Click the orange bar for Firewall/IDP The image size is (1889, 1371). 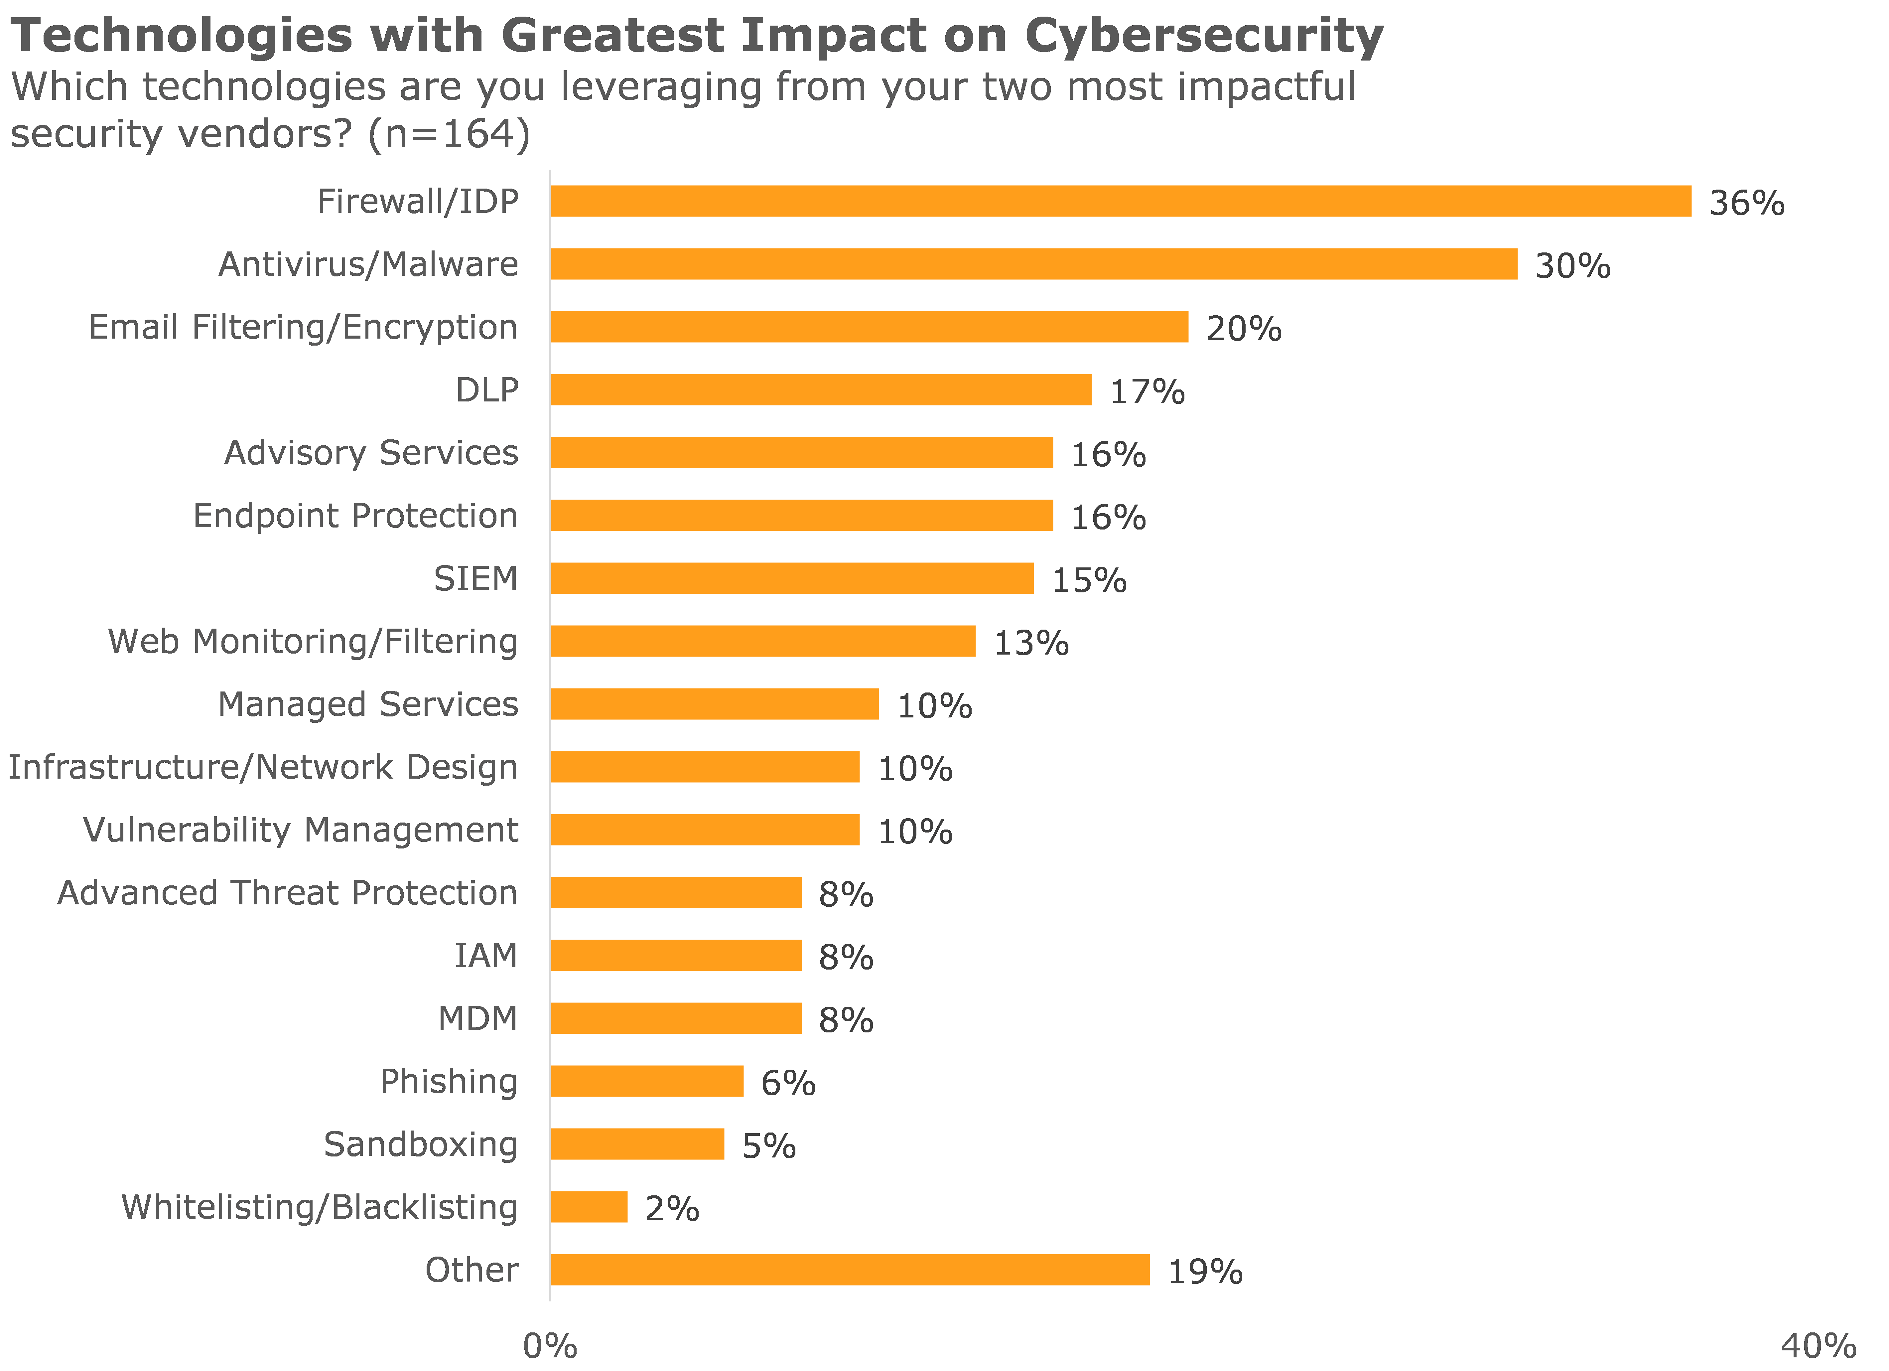(x=1120, y=202)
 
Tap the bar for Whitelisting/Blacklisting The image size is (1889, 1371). (x=589, y=1207)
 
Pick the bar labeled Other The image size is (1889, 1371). (x=850, y=1269)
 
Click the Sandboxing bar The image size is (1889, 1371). (x=637, y=1143)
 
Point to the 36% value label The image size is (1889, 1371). (x=1747, y=203)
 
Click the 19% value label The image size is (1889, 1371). (x=1205, y=1272)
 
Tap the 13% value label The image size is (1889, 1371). (x=1031, y=643)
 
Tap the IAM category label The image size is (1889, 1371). (x=485, y=955)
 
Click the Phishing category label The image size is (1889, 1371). (x=448, y=1081)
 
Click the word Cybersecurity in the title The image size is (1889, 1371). (x=1204, y=37)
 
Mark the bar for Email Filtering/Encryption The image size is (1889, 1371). (x=869, y=327)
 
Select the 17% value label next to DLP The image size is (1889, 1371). (x=1147, y=391)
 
